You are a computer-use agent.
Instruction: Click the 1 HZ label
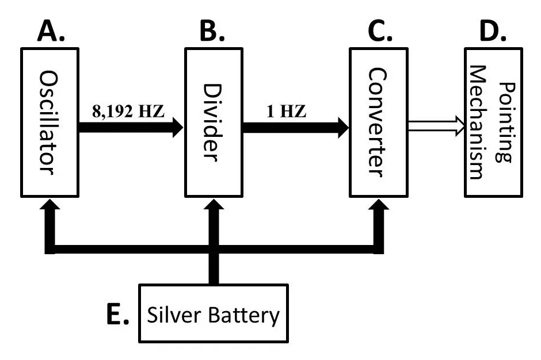[x=286, y=110]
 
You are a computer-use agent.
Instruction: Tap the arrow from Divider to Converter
[x=295, y=127]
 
